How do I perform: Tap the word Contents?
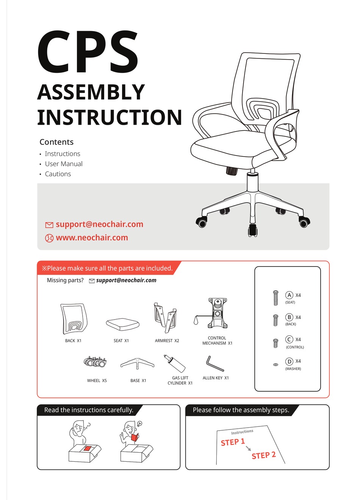coord(56,142)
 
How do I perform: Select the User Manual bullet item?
coord(63,164)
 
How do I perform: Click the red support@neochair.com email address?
coord(99,224)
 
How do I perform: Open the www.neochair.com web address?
coord(92,238)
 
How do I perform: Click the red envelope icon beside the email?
coord(49,225)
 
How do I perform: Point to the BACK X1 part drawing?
coord(74,318)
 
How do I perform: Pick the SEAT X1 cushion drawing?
coord(122,324)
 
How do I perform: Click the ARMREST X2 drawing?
coord(165,315)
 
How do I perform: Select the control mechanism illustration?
coord(214,313)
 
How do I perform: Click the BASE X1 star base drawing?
coord(137,363)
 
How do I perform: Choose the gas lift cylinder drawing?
coord(175,364)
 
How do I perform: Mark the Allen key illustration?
coord(215,364)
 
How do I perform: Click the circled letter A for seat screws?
coord(289,295)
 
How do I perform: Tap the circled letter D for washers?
coord(289,361)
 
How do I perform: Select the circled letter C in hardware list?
coord(289,339)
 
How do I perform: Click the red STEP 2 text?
coord(263,455)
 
